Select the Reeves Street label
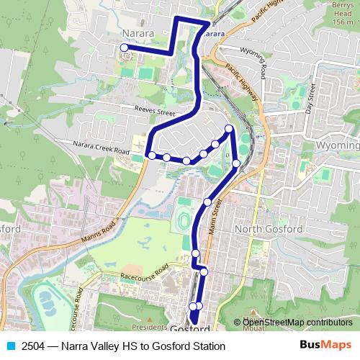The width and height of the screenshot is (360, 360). [155, 112]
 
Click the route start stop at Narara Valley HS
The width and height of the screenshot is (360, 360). [124, 48]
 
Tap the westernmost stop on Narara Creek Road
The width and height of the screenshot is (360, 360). [152, 155]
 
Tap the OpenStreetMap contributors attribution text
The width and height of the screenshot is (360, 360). [297, 322]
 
